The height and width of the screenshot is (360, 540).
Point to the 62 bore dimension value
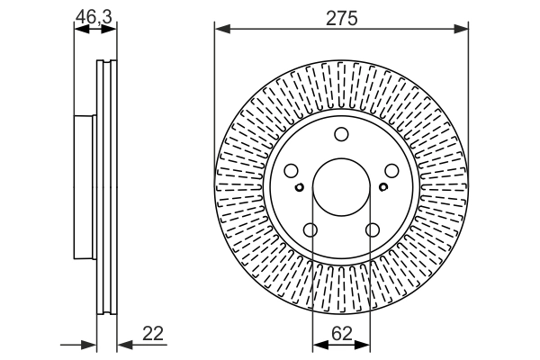click(x=340, y=333)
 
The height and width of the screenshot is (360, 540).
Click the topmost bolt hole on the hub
click(x=341, y=135)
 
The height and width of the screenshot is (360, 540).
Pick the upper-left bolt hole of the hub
click(x=290, y=172)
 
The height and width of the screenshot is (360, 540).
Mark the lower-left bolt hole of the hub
click(x=310, y=231)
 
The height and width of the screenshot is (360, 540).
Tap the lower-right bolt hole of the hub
click(x=373, y=231)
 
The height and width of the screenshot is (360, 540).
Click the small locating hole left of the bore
click(x=299, y=187)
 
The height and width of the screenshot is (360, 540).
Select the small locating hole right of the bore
click(x=383, y=187)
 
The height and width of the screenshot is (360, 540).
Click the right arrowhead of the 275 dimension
click(x=462, y=30)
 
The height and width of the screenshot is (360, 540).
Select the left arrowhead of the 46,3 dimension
click(x=78, y=30)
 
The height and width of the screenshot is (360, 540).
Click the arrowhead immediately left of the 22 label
click(x=122, y=344)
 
